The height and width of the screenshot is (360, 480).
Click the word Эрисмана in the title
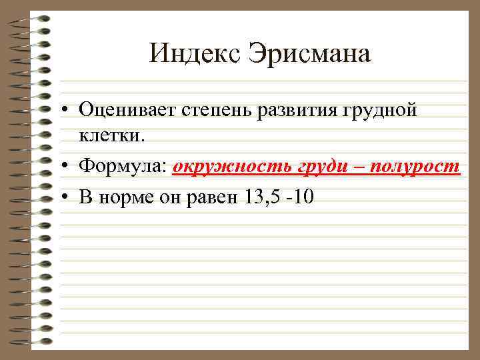[x=309, y=53]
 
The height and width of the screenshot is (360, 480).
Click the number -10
[x=300, y=197]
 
